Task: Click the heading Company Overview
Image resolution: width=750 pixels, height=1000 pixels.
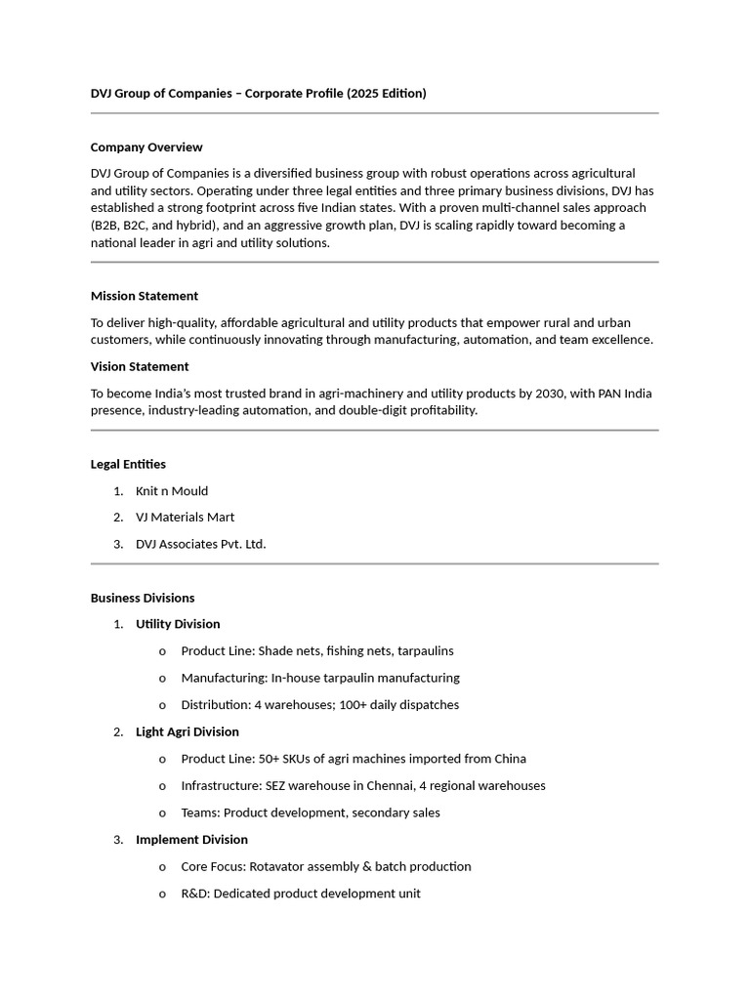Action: [x=146, y=147]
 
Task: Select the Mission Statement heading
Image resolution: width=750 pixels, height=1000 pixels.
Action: [x=145, y=296]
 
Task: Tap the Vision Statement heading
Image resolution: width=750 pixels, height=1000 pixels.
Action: [x=140, y=367]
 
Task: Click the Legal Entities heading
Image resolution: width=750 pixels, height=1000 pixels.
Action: [x=128, y=465]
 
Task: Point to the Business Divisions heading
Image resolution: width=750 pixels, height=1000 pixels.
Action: [x=143, y=599]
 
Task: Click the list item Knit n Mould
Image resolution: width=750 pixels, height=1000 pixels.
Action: [x=172, y=491]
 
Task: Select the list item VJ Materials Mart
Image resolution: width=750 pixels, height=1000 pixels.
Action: [x=186, y=518]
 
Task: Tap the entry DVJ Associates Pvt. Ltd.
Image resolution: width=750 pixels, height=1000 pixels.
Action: [x=201, y=544]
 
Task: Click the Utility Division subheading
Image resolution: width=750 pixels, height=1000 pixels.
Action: [x=178, y=624]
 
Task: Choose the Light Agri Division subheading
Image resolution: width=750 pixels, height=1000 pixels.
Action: [x=187, y=731]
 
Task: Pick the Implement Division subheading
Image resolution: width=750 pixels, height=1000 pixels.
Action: [x=191, y=840]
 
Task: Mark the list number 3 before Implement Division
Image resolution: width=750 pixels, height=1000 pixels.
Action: [x=117, y=840]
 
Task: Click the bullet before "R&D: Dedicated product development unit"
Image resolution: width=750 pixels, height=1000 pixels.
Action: [x=162, y=894]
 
